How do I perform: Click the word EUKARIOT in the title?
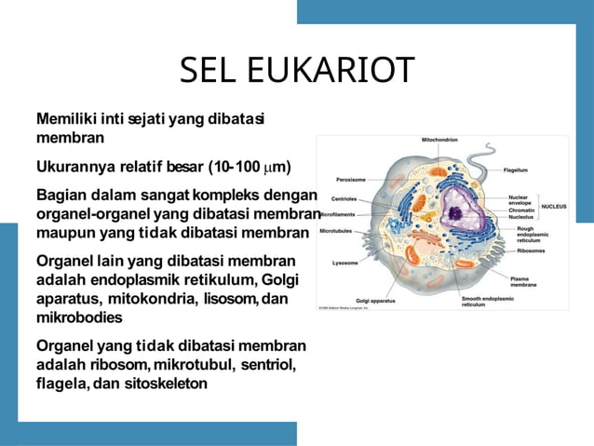tap(329, 71)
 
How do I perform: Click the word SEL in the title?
tap(209, 71)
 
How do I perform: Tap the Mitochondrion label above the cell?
tap(439, 140)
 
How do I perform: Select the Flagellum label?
tap(516, 170)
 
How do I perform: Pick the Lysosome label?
tap(345, 263)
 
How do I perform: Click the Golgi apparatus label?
tap(375, 301)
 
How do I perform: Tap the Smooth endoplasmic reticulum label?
tap(487, 301)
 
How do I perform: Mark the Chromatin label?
tap(521, 209)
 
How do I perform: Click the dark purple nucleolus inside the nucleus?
tap(456, 212)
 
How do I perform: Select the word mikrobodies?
tap(78, 317)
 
